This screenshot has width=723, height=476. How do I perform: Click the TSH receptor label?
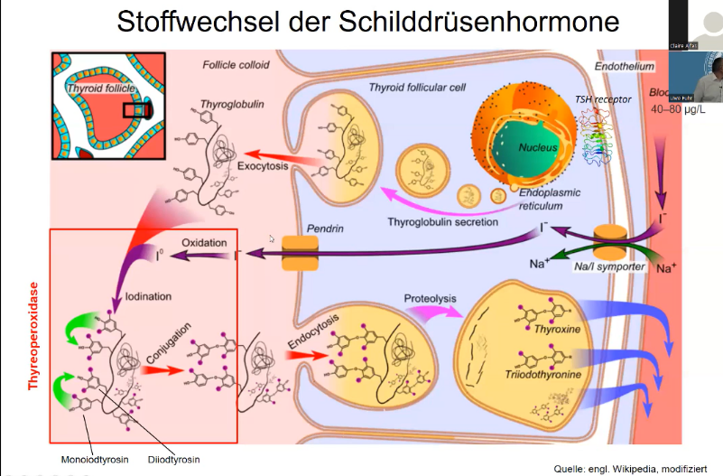pos(603,98)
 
